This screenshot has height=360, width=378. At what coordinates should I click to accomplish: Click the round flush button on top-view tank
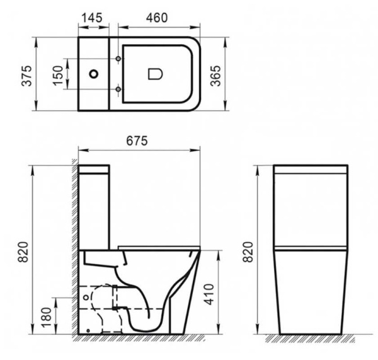[94, 74]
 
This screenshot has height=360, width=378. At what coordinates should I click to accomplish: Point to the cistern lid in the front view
[311, 168]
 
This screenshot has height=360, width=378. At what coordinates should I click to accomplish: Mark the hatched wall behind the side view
[74, 252]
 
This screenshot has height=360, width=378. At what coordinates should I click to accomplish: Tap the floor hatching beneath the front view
[311, 338]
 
